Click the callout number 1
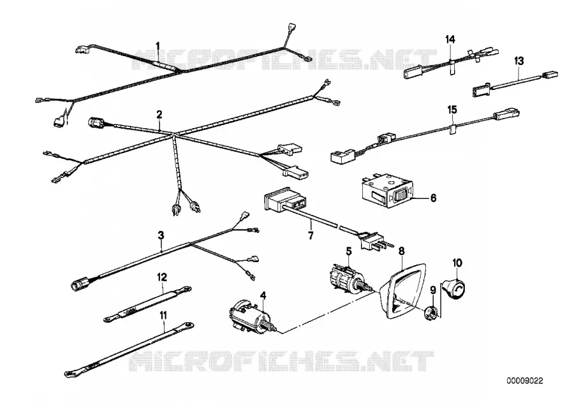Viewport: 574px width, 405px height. pyautogui.click(x=158, y=46)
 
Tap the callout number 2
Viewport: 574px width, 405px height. pyautogui.click(x=159, y=115)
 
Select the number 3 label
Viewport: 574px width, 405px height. pyautogui.click(x=161, y=235)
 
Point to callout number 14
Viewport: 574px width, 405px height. pyautogui.click(x=450, y=39)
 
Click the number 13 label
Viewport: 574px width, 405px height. pyautogui.click(x=519, y=61)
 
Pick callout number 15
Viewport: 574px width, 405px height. pyautogui.click(x=452, y=110)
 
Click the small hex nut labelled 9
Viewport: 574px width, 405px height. pyautogui.click(x=430, y=313)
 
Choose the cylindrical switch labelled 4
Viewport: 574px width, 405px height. pyautogui.click(x=249, y=316)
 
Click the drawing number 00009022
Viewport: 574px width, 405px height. pyautogui.click(x=525, y=381)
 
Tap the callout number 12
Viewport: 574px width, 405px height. pyautogui.click(x=162, y=277)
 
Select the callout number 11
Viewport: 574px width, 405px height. pyautogui.click(x=163, y=315)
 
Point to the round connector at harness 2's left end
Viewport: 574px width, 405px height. pyautogui.click(x=98, y=122)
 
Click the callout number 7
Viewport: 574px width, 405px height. pyautogui.click(x=311, y=235)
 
